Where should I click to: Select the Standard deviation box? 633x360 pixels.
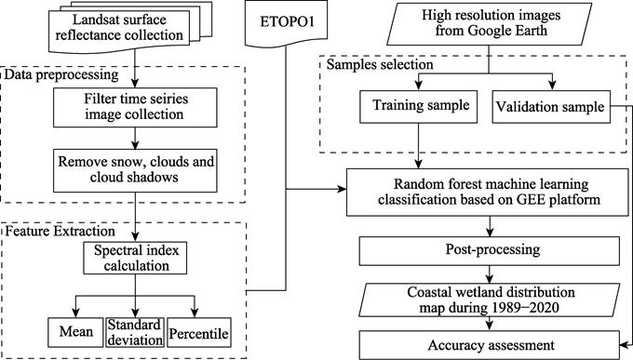click(135, 330)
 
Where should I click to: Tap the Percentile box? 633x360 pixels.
click(197, 330)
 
